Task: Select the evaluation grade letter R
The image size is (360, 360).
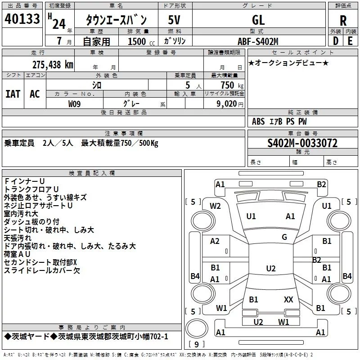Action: point(343,20)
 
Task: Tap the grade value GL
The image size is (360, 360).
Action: point(258,20)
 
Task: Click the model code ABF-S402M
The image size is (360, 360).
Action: point(258,41)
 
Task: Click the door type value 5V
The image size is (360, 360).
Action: point(175,20)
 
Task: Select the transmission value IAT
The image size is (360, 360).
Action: point(13,94)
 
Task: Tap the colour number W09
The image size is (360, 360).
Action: point(75,103)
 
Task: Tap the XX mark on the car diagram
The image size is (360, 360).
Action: point(288,299)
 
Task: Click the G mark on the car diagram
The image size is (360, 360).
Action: point(284,237)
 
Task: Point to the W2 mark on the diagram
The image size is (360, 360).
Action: point(215,206)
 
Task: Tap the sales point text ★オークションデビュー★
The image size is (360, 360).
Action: point(288,63)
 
